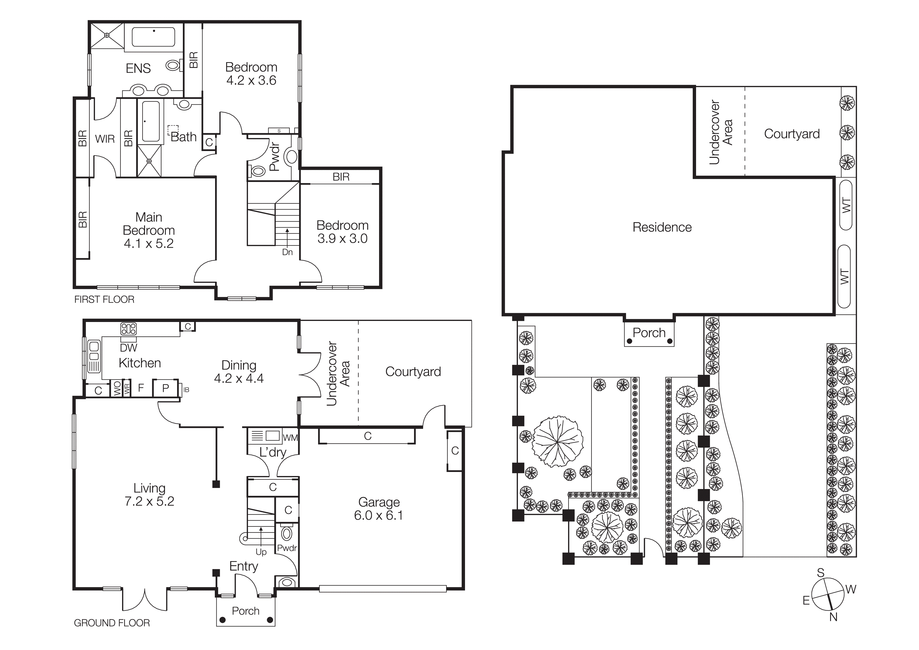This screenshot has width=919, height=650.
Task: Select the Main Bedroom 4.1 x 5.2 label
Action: pyautogui.click(x=149, y=230)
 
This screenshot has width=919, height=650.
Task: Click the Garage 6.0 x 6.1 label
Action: pyautogui.click(x=379, y=509)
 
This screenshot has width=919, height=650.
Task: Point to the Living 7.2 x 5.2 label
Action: pyautogui.click(x=149, y=495)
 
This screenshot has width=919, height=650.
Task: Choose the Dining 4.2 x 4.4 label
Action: pyautogui.click(x=239, y=372)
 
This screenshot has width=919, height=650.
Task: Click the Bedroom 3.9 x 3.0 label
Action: pyautogui.click(x=342, y=232)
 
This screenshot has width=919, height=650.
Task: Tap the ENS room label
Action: pyautogui.click(x=138, y=68)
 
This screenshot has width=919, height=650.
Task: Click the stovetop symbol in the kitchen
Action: pyautogui.click(x=128, y=329)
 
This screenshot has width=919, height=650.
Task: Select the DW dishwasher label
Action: pyautogui.click(x=128, y=348)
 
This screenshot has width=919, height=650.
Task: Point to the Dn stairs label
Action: pyautogui.click(x=287, y=252)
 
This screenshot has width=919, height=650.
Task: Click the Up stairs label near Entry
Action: pyautogui.click(x=261, y=552)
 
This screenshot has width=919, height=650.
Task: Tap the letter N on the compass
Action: pyautogui.click(x=833, y=617)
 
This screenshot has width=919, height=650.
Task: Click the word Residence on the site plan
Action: pyautogui.click(x=662, y=228)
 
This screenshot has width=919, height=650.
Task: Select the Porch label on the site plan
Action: pyautogui.click(x=649, y=333)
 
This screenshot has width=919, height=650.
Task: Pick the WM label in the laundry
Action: pyautogui.click(x=290, y=438)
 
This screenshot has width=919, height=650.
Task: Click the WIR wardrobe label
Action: pyautogui.click(x=105, y=139)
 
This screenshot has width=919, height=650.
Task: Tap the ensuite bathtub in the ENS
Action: pyautogui.click(x=153, y=37)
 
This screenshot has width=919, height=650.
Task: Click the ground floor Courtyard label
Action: pyautogui.click(x=413, y=372)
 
